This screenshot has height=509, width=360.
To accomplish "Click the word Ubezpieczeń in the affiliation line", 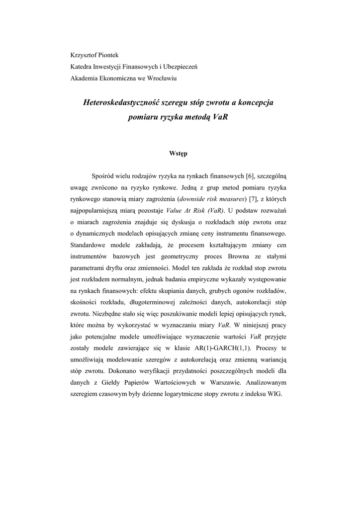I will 177,66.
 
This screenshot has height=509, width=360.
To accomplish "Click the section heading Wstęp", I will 179,154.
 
